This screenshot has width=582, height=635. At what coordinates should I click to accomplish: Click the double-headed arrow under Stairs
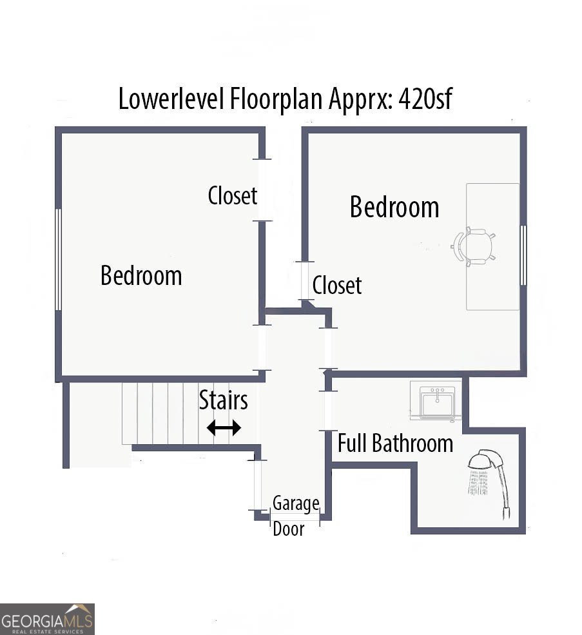tap(224, 427)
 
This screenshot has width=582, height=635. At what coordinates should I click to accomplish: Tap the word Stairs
tap(223, 400)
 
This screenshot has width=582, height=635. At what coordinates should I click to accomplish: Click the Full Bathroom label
tap(395, 444)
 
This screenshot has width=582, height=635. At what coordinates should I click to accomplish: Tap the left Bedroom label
tap(141, 276)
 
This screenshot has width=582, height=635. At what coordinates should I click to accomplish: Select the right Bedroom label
tap(394, 208)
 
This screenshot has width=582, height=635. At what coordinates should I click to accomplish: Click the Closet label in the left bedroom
tap(233, 195)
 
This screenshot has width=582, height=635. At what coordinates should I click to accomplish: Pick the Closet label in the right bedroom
tap(337, 285)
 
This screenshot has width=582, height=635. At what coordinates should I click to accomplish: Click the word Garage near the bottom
tap(295, 503)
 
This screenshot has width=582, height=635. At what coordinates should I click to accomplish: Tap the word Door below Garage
tap(288, 529)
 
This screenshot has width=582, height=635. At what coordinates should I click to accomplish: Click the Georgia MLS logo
tap(47, 619)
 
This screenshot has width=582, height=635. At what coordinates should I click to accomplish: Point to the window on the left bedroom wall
tap(59, 259)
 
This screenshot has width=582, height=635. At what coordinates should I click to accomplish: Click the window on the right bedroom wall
tap(523, 255)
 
